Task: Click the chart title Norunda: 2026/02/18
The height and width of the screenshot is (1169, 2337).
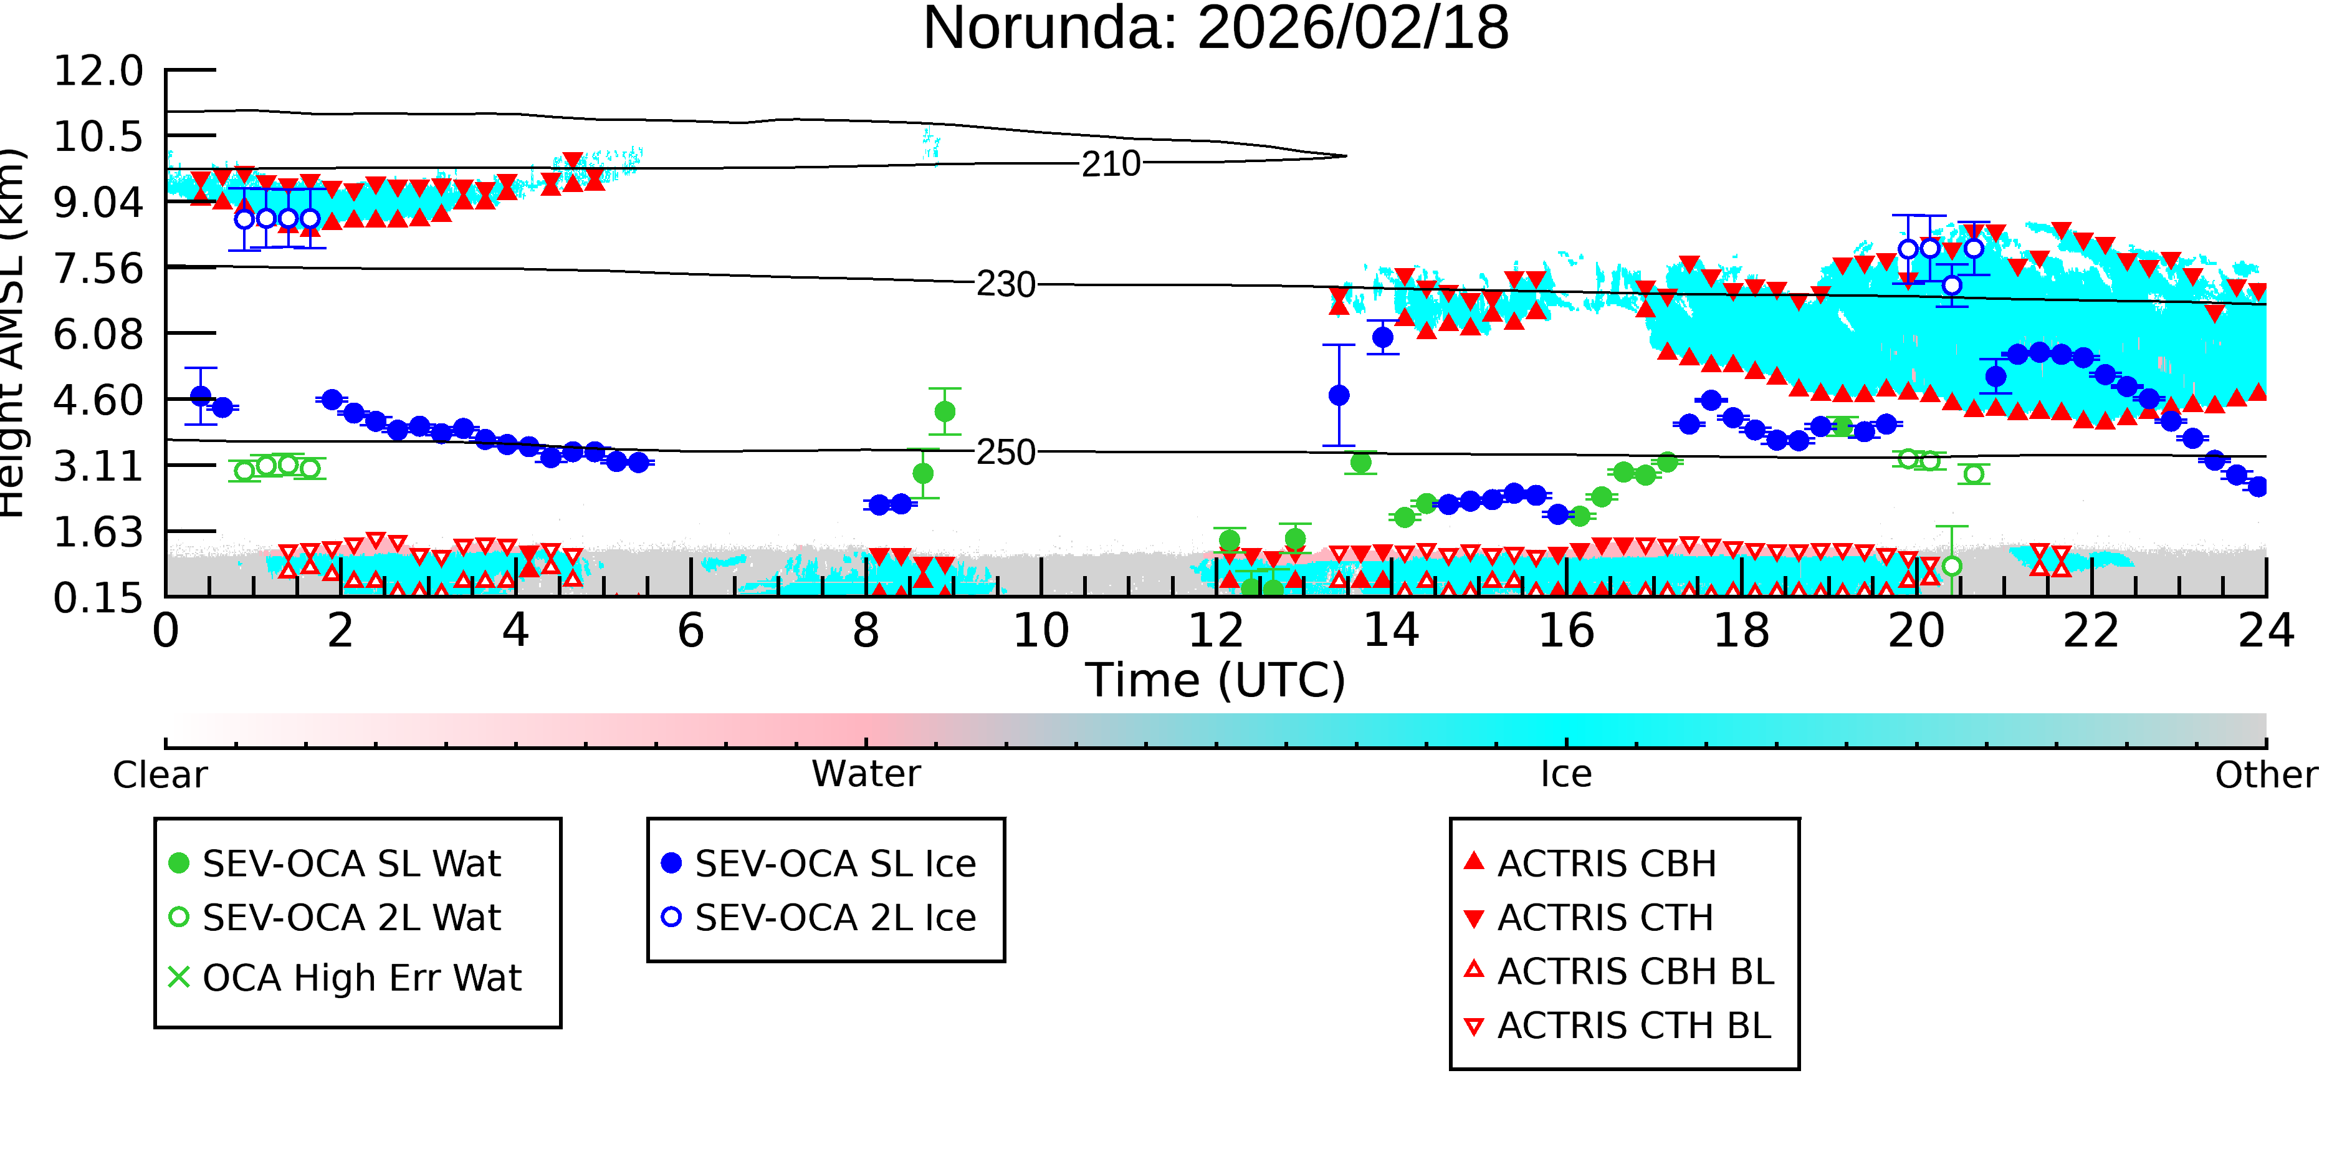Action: (x=1216, y=27)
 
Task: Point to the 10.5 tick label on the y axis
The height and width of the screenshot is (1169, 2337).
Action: (x=98, y=136)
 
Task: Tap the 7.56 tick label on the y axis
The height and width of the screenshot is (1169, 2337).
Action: (x=98, y=269)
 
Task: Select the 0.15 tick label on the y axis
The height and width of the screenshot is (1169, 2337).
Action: (x=98, y=598)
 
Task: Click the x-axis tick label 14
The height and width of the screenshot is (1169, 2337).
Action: (x=1391, y=631)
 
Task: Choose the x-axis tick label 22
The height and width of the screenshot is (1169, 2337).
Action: (x=2091, y=631)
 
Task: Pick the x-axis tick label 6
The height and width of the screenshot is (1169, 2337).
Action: (x=691, y=631)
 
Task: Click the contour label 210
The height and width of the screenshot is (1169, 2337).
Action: (x=1111, y=164)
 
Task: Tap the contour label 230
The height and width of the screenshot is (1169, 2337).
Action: (x=1005, y=285)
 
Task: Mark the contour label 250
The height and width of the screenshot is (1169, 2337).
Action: (x=1005, y=452)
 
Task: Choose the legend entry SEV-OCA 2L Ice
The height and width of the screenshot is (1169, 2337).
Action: (x=820, y=918)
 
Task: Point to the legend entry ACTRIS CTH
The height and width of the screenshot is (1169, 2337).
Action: (x=1589, y=918)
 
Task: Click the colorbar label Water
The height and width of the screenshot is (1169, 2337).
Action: (x=866, y=774)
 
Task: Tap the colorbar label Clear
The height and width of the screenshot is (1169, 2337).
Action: (x=160, y=775)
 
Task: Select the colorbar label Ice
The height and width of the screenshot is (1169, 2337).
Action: (x=1566, y=774)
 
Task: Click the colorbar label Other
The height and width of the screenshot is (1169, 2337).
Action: (x=2266, y=775)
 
